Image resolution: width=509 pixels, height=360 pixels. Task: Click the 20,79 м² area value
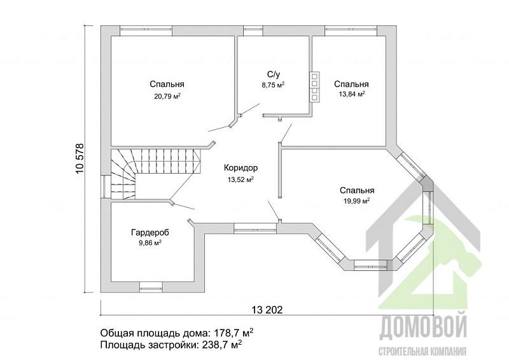tap(167, 96)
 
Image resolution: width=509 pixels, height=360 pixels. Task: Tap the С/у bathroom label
tap(274, 74)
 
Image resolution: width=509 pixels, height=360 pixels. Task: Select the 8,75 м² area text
tap(274, 85)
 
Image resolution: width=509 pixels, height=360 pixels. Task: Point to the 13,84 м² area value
tap(352, 94)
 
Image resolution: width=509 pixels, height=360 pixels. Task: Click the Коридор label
tap(241, 168)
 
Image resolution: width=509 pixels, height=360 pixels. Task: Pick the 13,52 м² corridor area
tap(241, 179)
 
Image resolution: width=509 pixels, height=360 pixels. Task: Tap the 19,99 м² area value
tap(357, 201)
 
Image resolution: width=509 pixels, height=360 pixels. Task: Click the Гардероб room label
tap(150, 232)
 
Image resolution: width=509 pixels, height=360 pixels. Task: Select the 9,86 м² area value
tap(150, 243)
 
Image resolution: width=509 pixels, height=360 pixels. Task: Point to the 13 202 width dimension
tap(267, 310)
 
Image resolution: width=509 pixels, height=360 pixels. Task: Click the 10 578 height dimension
tap(80, 159)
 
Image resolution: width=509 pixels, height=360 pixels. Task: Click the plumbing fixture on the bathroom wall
tap(314, 87)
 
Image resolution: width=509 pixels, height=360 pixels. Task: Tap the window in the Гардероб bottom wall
tap(150, 287)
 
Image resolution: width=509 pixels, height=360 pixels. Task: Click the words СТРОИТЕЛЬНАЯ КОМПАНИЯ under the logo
tap(423, 351)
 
